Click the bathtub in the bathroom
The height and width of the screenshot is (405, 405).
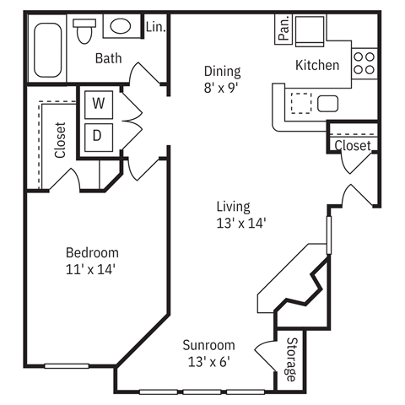[48, 50]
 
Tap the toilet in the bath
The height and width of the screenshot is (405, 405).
[84, 31]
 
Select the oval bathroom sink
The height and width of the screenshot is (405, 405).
[121, 26]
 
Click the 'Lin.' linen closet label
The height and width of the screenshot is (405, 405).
[155, 27]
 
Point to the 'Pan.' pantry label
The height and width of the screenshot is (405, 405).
[283, 29]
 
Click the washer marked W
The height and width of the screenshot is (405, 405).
[99, 105]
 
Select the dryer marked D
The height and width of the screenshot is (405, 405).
[99, 137]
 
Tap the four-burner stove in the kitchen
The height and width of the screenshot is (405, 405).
[364, 63]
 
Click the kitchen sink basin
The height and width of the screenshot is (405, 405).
[327, 104]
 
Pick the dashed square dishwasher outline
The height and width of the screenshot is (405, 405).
[301, 103]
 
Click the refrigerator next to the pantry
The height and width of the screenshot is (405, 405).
[310, 31]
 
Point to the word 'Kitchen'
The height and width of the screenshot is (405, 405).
[317, 65]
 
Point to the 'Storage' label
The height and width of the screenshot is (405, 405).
[292, 359]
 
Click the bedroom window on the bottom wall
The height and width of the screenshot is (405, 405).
[67, 366]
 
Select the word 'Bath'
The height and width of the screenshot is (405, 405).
[109, 58]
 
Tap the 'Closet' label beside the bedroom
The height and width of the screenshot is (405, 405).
[60, 140]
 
